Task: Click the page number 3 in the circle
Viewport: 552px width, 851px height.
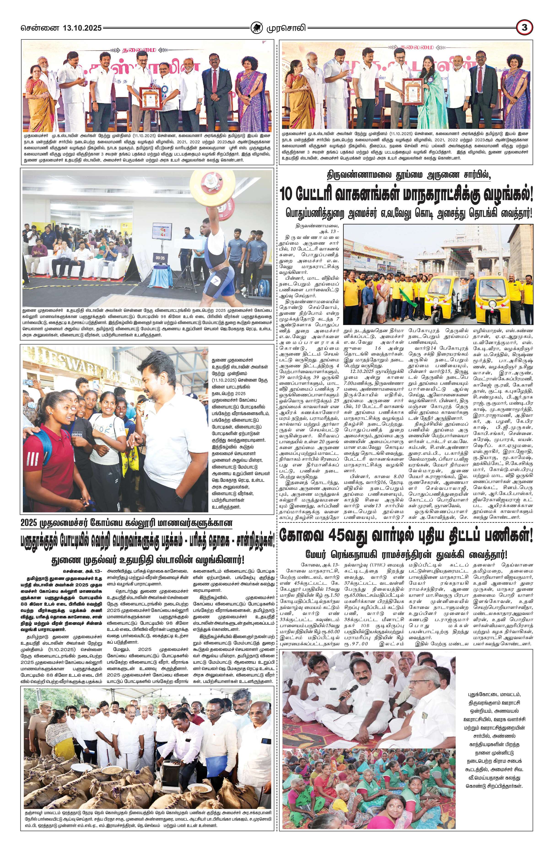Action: point(525,27)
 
